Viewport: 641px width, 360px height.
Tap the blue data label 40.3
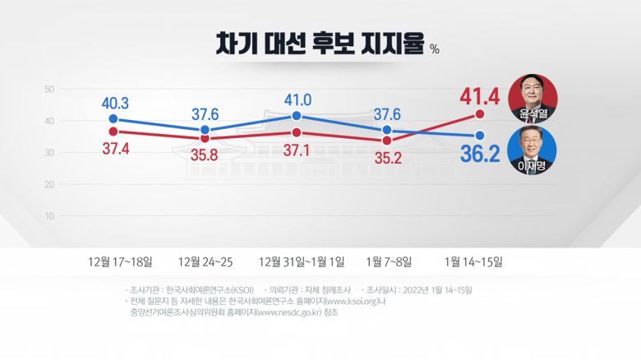(115, 104)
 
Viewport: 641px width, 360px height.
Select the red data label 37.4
(115, 148)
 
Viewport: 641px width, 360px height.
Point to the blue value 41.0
(297, 99)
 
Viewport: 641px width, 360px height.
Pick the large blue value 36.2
(480, 154)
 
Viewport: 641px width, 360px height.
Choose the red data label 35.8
(205, 153)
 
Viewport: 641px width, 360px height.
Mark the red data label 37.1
(297, 150)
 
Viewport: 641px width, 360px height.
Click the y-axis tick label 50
(49, 89)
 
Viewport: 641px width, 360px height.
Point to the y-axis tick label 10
(49, 216)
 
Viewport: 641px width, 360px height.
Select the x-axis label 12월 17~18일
(121, 262)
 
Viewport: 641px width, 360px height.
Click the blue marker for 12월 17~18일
(113, 119)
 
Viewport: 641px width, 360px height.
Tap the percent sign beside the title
(435, 49)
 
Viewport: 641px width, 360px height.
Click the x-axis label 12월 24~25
(205, 262)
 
